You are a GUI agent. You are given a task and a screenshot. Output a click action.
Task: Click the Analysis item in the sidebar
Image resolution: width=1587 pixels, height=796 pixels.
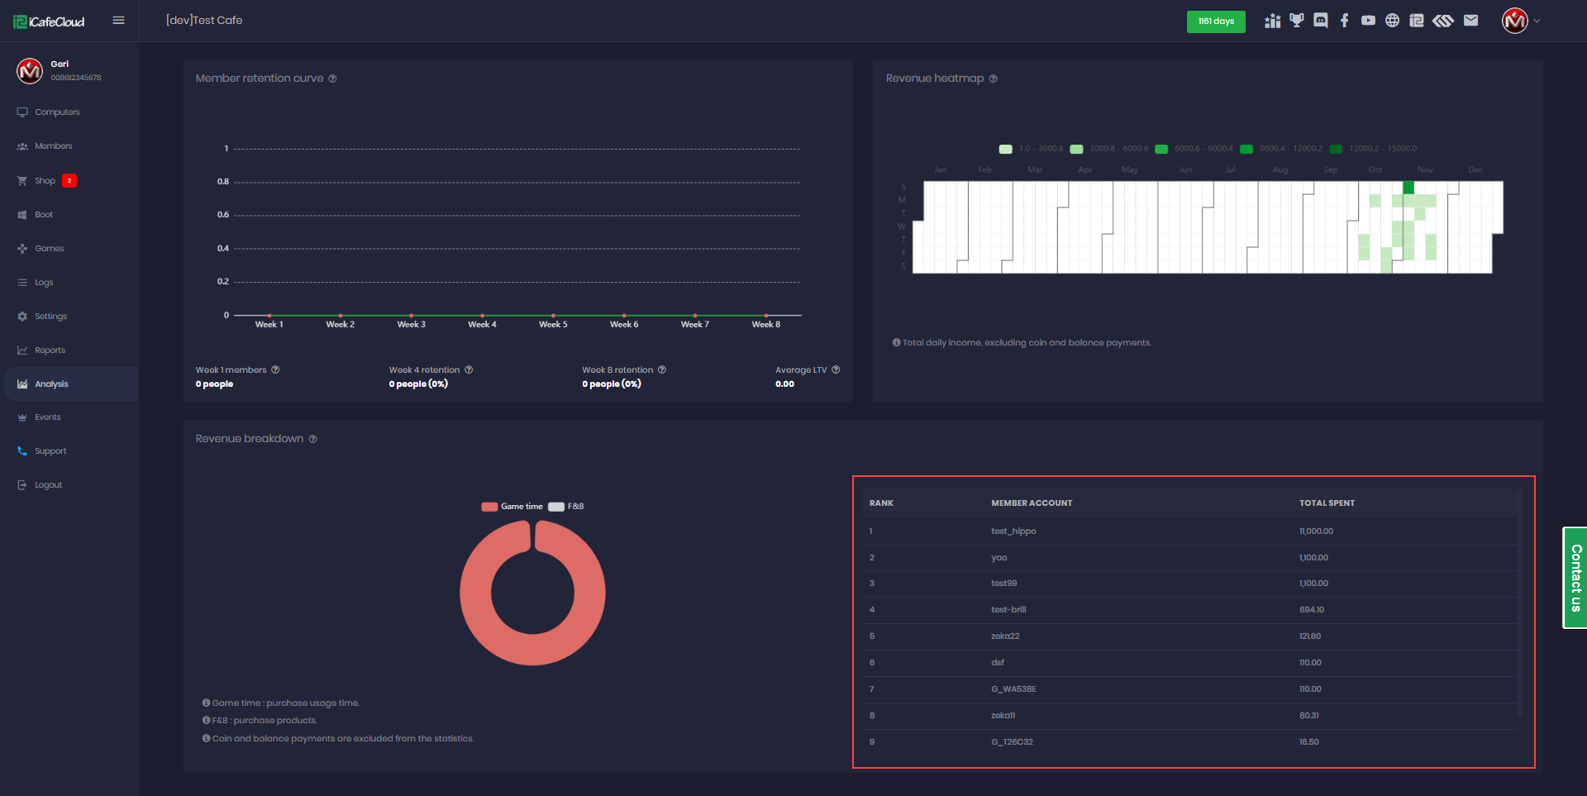pos(51,384)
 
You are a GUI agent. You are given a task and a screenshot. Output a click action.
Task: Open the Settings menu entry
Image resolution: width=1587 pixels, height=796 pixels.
pos(50,317)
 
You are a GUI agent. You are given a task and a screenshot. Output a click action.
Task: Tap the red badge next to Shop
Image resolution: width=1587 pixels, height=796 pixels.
pos(69,181)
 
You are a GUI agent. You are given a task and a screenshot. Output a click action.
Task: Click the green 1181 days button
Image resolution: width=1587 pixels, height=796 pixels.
pos(1215,21)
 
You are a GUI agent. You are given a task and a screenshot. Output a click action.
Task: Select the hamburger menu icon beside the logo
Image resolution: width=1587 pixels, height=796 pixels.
pos(119,21)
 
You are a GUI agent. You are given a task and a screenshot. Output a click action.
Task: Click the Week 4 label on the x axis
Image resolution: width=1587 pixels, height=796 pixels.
pos(482,325)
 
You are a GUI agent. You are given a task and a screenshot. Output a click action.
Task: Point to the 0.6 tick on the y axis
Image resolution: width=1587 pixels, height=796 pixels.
pos(223,215)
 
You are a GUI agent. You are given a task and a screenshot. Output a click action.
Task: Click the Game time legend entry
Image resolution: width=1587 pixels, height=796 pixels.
pos(512,507)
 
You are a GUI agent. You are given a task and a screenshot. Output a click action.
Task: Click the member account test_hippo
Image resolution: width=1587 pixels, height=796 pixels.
pos(1013,531)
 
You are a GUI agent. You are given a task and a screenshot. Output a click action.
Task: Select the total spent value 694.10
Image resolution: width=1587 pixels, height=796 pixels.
pos(1311,610)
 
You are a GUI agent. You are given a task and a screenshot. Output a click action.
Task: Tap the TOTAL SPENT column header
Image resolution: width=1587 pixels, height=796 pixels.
pos(1327,503)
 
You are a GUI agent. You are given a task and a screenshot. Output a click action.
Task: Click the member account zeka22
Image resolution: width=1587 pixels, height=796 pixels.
pos(1005,636)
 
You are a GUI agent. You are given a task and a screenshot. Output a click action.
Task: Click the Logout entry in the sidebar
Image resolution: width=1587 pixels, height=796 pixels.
pos(48,485)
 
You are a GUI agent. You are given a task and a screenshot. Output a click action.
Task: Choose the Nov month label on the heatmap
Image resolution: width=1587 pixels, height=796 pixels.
pos(1425,170)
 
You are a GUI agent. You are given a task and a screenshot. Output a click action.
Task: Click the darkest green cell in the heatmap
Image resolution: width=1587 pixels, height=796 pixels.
pos(1408,188)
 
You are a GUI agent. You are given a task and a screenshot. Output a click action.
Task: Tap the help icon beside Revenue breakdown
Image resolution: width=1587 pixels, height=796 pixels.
pos(313,440)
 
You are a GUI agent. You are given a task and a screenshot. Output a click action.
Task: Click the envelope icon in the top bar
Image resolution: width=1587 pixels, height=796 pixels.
pos(1470,21)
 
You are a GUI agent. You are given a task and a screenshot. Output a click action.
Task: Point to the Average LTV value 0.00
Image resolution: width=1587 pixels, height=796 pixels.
pos(784,384)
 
